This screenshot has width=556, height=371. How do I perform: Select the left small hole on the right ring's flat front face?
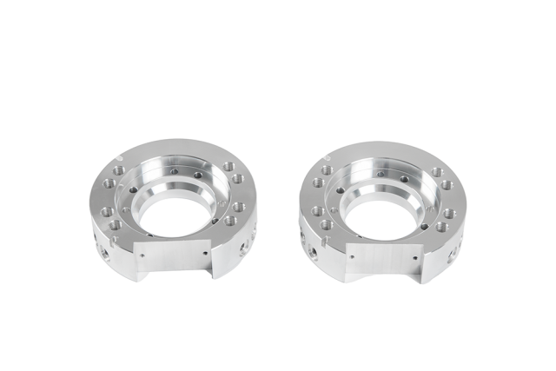pos(349,257)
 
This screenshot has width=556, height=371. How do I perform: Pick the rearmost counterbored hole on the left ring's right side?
pos(228,166)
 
